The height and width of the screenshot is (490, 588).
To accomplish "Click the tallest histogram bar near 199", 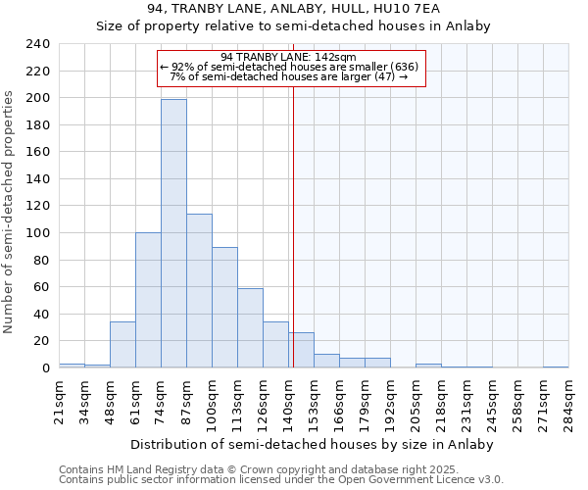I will pos(173,233).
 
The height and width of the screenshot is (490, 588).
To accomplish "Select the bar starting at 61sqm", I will pos(148,300).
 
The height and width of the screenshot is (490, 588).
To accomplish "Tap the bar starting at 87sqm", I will pos(199,291).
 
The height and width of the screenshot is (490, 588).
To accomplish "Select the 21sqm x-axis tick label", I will pos(60,399).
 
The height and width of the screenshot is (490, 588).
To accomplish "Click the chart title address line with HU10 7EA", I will pos(293,8).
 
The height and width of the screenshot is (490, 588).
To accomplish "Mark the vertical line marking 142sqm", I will pos(292,216).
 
